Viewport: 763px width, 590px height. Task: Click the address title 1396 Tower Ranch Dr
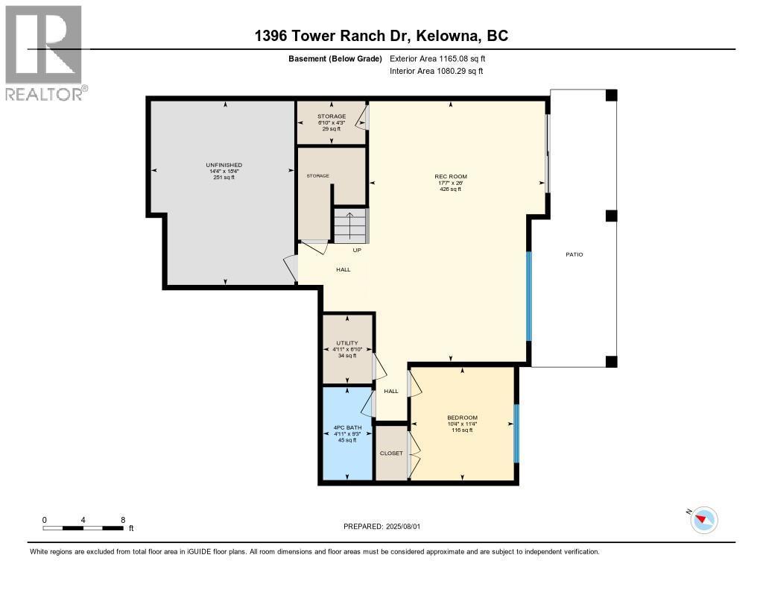click(381, 36)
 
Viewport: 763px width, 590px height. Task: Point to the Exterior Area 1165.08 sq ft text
click(438, 58)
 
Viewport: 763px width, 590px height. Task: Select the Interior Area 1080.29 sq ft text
click(437, 71)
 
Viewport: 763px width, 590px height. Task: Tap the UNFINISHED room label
click(224, 165)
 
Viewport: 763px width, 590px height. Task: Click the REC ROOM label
click(451, 177)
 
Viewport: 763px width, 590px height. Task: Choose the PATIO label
click(574, 255)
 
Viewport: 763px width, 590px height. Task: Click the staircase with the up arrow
click(350, 225)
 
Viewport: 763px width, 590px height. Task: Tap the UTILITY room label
click(347, 343)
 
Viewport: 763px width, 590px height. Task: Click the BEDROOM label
click(462, 418)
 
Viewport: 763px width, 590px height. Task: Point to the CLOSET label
click(391, 453)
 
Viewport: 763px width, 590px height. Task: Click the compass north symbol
click(703, 519)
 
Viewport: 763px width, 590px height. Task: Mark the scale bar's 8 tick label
click(123, 520)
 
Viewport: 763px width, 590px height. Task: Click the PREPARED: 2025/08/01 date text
click(381, 527)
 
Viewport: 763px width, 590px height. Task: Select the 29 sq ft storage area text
click(332, 129)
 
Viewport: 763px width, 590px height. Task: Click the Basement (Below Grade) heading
click(336, 58)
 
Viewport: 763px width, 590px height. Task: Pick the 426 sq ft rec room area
click(451, 189)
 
